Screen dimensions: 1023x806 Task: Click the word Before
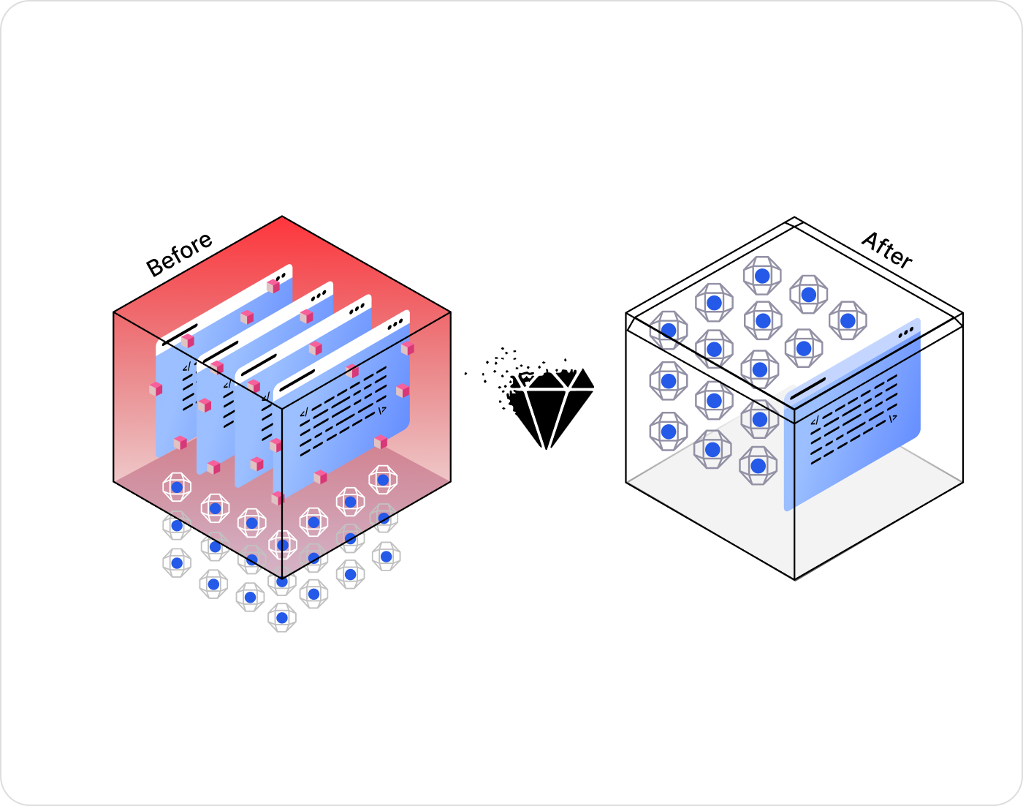coord(179,255)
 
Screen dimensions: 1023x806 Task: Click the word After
coord(887,250)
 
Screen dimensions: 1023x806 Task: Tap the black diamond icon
coord(553,407)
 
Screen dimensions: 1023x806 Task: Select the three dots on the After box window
coord(906,331)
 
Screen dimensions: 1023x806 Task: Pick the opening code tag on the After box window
coord(815,421)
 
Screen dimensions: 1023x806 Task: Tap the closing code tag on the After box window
coord(892,418)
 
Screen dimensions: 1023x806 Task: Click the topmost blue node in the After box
coord(762,276)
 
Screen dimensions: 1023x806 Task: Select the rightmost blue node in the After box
coord(848,320)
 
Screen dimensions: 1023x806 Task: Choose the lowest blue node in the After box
coord(758,466)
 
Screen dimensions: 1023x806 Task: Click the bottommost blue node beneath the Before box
coord(282,618)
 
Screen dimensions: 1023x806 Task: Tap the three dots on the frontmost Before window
coord(395,323)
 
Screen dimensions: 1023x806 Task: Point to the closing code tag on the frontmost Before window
coord(381,410)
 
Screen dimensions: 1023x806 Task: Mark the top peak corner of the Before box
coord(282,217)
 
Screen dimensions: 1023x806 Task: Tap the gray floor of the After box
coord(716,505)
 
